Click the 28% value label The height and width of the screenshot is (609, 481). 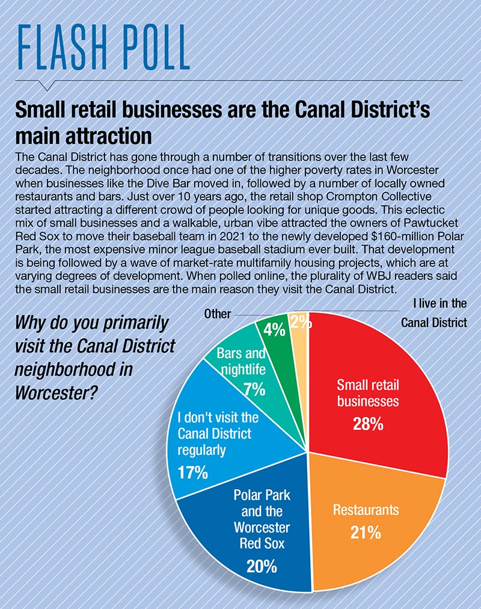pos(368,424)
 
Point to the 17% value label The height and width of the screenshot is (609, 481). pos(192,472)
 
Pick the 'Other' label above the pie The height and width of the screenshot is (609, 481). pos(217,314)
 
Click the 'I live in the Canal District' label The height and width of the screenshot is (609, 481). pos(434,313)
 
